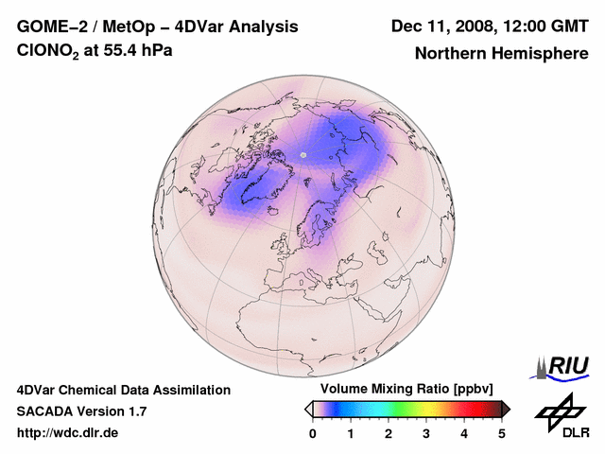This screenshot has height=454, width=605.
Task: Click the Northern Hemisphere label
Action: point(501,53)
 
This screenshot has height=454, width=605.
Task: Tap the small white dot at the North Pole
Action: point(303,154)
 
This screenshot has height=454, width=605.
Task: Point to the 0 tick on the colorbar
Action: point(313,433)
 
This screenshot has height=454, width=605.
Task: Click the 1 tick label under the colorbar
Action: point(351,433)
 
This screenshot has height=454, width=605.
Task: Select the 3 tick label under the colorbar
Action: point(426,433)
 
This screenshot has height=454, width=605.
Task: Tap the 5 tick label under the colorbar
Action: point(502,433)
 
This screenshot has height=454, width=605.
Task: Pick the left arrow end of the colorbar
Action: point(308,409)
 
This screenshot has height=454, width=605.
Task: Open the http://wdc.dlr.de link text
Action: point(68,433)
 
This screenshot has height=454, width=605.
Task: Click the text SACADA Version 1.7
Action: point(81,411)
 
